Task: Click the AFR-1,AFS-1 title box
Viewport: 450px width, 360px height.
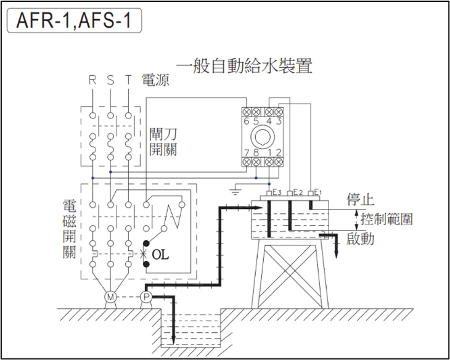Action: pos(75,22)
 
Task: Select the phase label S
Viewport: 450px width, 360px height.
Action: pos(110,80)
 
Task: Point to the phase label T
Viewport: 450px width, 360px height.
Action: pos(128,80)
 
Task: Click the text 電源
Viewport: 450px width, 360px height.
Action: pos(155,80)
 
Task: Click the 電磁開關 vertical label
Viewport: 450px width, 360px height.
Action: pos(70,228)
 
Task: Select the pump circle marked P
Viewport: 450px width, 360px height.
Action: pos(146,297)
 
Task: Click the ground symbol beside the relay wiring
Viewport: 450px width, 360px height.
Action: pos(234,191)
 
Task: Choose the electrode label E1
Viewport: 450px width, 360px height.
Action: pos(317,192)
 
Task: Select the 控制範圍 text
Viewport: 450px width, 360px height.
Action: pos(387,219)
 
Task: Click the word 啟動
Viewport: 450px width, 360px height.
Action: pos(361,239)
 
